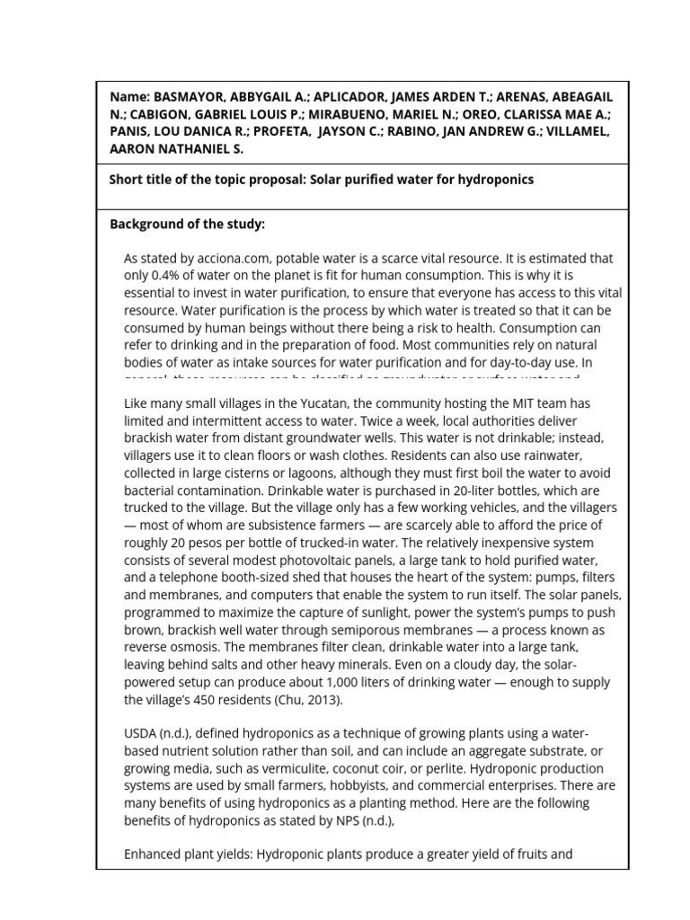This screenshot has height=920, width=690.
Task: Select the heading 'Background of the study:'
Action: tap(187, 224)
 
